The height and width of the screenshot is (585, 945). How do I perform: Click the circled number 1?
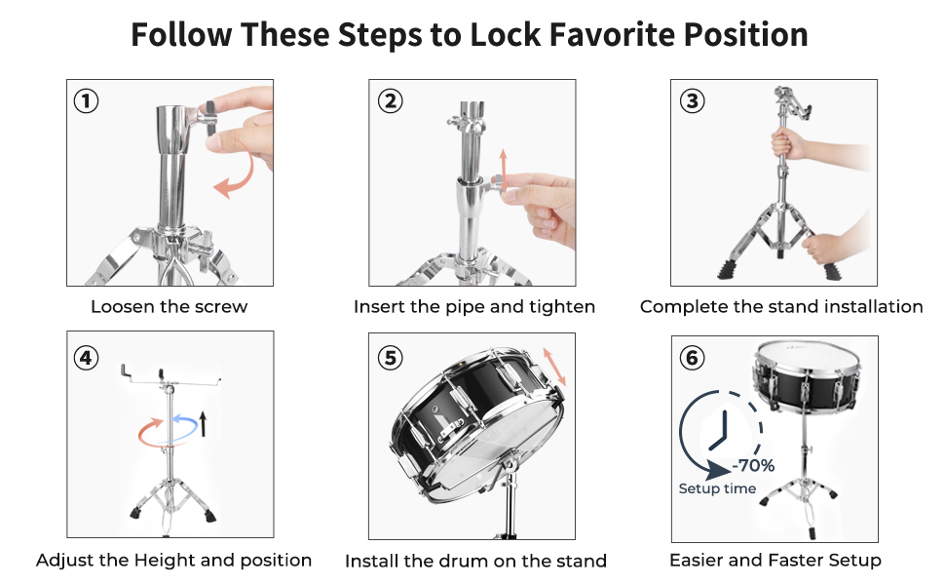coord(86,100)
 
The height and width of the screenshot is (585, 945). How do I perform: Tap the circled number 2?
coord(390,100)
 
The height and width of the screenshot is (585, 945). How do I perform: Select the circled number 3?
coord(693,100)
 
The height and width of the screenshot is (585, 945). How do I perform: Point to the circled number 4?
coord(86,358)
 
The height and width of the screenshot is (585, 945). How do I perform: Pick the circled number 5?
coord(390,358)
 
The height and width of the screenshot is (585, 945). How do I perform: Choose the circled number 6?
coord(693,358)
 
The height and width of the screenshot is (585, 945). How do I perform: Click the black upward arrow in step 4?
coord(203,423)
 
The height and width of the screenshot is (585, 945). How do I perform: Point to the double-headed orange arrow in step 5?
coord(554,366)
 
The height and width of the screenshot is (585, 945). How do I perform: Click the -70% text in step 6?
coord(753,466)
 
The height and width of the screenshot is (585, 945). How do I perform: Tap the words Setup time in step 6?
coord(717,488)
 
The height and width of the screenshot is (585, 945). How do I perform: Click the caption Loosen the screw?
coord(170,306)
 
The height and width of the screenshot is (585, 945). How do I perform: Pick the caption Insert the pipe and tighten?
coord(474,307)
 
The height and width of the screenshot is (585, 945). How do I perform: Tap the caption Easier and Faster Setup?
coord(775,561)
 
